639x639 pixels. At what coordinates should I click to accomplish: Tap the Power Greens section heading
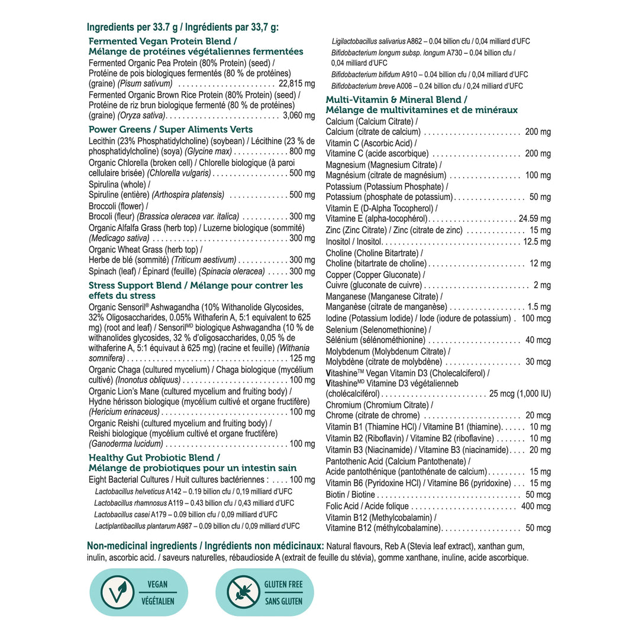point(170,130)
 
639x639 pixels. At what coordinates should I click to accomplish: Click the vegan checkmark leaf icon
point(117,592)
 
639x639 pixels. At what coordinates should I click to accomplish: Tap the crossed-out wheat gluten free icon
point(243,592)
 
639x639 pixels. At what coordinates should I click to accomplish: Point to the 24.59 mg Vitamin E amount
point(534,219)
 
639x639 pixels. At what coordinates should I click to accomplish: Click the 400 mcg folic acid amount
point(536,506)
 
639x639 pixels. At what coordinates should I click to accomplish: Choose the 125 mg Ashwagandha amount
point(302,359)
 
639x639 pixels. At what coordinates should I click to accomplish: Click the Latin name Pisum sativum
point(145,84)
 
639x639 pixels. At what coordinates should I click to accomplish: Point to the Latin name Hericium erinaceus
point(124,412)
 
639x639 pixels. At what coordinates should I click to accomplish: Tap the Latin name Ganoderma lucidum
point(125,444)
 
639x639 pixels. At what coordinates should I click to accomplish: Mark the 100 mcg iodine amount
point(535,318)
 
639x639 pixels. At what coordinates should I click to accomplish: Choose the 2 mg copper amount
point(542,285)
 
